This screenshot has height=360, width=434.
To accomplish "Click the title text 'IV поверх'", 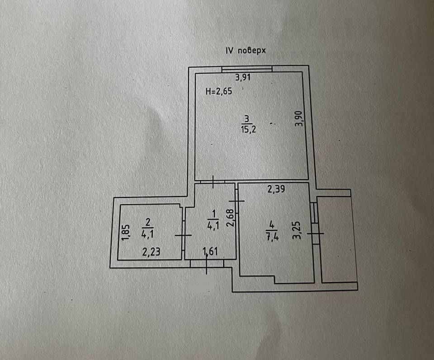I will (245, 51).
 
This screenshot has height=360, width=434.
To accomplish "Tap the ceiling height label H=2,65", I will (218, 92).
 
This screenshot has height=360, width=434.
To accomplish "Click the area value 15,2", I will (247, 129).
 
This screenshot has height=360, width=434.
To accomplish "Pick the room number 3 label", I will (247, 119).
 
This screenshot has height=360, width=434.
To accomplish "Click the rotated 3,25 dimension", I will (297, 230).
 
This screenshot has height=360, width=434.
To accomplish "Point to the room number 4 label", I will (271, 224).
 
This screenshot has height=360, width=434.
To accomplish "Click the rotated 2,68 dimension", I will (230, 218).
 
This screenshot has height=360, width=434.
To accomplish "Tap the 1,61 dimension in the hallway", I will (211, 251).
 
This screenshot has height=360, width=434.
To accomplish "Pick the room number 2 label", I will (148, 222).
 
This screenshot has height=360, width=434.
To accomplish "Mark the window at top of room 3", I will (247, 69).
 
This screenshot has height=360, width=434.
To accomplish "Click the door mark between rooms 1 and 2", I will (183, 235).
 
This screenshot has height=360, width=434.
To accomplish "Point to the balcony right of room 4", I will (337, 239).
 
